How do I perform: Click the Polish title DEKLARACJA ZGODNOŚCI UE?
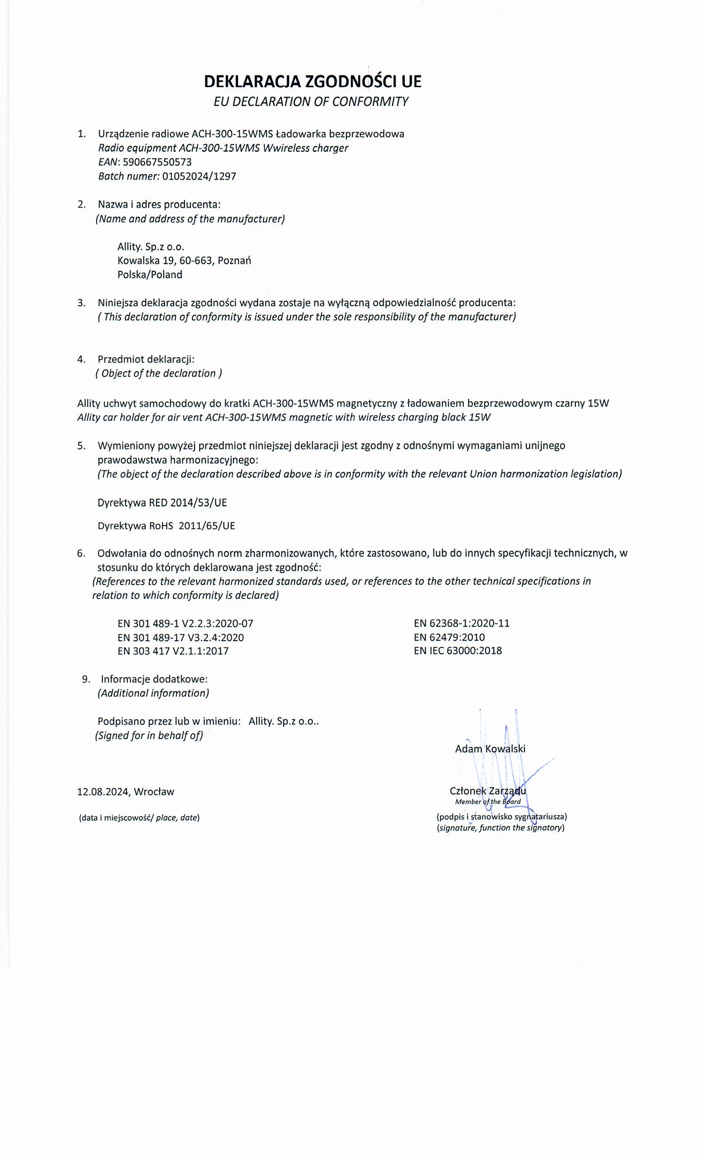(x=312, y=82)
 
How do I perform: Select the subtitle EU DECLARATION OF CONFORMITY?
(x=311, y=102)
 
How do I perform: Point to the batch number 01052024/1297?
(x=199, y=176)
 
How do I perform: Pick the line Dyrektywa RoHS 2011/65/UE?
(x=166, y=526)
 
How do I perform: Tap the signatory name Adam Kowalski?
(x=490, y=749)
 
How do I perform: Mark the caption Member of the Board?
(x=488, y=802)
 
